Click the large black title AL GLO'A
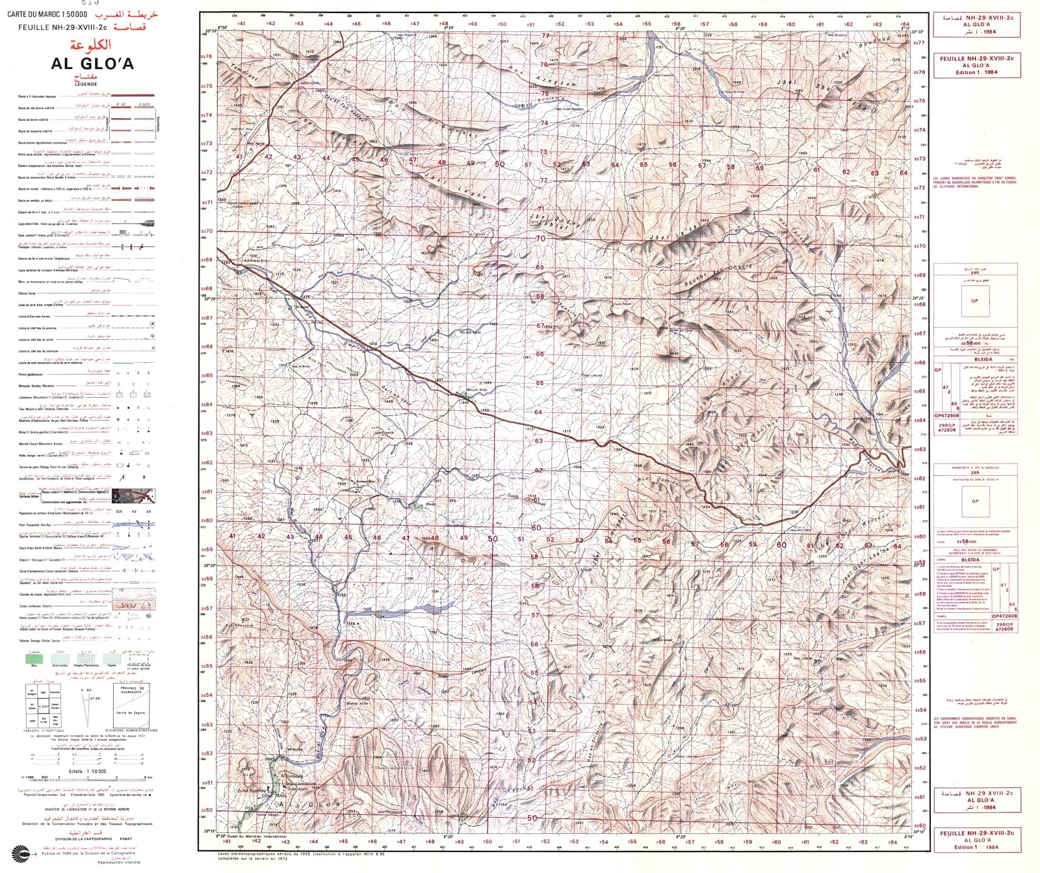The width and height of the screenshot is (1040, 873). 92,64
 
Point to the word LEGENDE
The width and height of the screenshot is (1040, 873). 85,84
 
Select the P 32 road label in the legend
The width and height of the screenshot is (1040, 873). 120,104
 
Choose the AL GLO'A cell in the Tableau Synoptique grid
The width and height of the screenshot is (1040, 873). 44,705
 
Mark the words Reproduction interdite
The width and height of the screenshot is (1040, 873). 116,863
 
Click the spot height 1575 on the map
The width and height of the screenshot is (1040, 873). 309,51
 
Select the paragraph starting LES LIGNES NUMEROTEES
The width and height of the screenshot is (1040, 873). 974,183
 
